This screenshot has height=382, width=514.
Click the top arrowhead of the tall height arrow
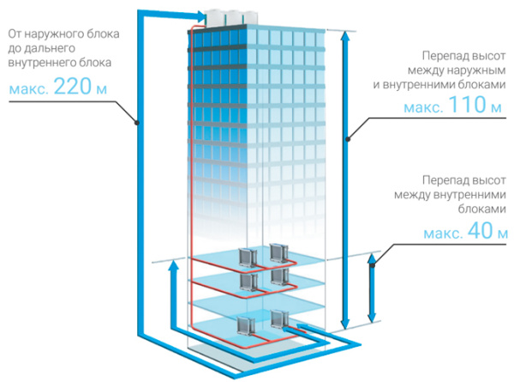346,37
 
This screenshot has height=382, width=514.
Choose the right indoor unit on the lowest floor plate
278,318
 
